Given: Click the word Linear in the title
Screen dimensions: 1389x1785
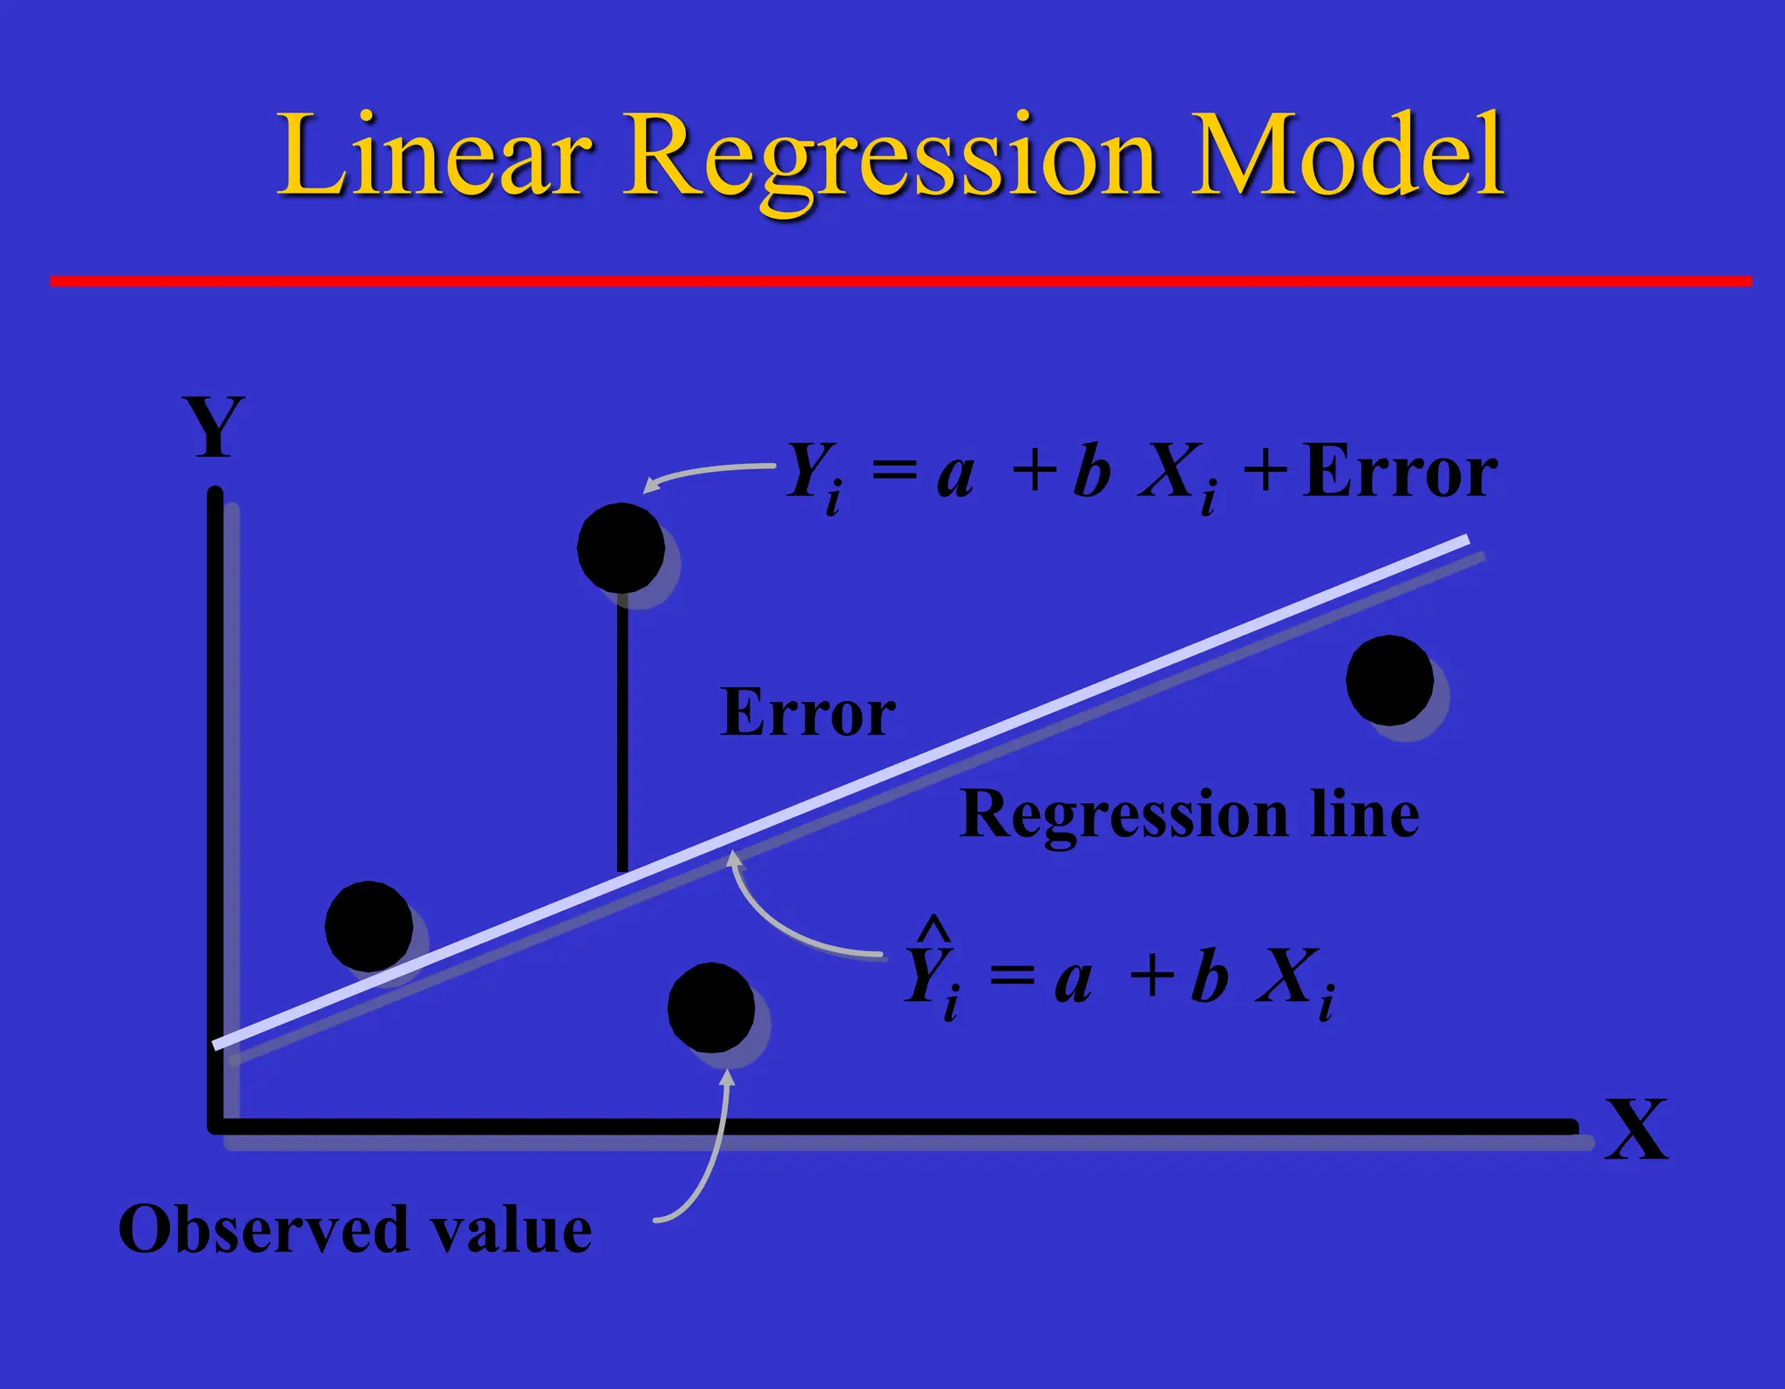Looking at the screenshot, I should (x=431, y=154).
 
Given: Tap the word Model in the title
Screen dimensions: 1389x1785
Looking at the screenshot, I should (x=1347, y=154).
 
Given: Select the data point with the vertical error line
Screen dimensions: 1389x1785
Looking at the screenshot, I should (x=621, y=548).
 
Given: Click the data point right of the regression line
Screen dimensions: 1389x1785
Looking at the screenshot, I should (x=1389, y=680).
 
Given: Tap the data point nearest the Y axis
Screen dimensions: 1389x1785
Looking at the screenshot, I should (x=369, y=926).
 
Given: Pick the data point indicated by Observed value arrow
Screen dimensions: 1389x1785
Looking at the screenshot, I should (x=711, y=1007).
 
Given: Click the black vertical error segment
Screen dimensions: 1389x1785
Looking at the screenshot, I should (x=622, y=732).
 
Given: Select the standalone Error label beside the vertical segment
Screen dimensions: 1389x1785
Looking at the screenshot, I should (x=808, y=713).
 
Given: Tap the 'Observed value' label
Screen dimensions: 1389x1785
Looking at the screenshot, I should (x=355, y=1229).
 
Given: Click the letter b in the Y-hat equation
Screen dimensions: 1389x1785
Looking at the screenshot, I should (x=1209, y=977).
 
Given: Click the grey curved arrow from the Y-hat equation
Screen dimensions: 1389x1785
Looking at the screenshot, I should (x=784, y=924).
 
